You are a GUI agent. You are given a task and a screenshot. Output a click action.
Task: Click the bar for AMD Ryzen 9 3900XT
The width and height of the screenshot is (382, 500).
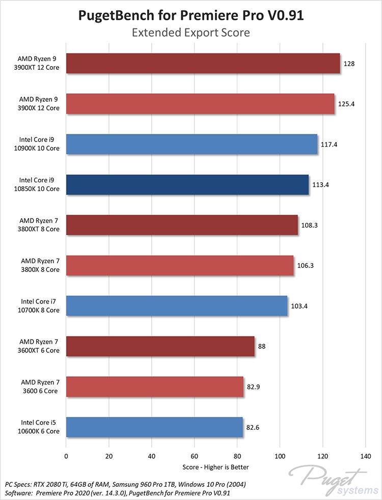(203, 64)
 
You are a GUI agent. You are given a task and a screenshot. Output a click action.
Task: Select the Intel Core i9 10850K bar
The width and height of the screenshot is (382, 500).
(187, 184)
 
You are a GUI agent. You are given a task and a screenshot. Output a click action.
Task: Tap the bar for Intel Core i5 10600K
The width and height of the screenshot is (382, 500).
(154, 427)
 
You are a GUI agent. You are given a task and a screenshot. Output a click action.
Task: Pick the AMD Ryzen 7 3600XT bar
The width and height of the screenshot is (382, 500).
(160, 346)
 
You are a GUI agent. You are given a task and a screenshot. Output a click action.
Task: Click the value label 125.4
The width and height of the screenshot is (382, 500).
(346, 104)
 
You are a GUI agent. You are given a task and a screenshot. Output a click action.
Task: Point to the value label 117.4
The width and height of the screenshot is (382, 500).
(329, 144)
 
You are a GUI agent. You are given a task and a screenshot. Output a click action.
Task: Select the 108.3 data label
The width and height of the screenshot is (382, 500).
(309, 225)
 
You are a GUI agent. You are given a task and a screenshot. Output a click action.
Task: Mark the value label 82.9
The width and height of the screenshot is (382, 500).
(255, 387)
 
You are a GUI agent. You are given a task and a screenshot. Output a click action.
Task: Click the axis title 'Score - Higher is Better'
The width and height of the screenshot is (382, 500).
(215, 466)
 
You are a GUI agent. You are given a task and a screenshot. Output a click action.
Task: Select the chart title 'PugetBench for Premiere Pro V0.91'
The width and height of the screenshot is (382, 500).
(191, 15)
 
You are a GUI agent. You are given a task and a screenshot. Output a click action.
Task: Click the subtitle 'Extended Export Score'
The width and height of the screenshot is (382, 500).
(191, 33)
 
